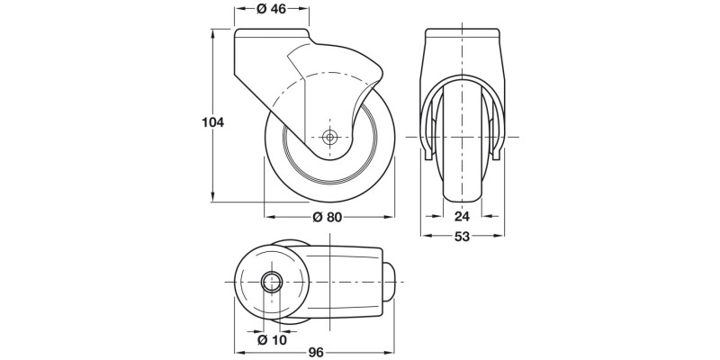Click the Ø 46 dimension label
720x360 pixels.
coord(273,10)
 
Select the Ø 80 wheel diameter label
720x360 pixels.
coord(329,216)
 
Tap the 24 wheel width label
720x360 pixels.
coord(462,216)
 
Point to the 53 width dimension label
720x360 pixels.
coord(462,237)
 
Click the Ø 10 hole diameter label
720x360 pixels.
coord(271,339)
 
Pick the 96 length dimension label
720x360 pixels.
coord(315,353)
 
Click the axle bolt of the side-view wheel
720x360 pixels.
coord(329,138)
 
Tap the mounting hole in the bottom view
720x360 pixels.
coord(271,283)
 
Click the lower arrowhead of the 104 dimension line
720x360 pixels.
coord(213,200)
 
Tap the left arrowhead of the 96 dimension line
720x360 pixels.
coord(238,353)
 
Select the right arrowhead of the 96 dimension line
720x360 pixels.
coord(392,353)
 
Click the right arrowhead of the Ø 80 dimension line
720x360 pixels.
coord(391,216)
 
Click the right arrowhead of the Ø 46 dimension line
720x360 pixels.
coord(306,10)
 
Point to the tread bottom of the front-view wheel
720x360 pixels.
coord(462,201)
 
